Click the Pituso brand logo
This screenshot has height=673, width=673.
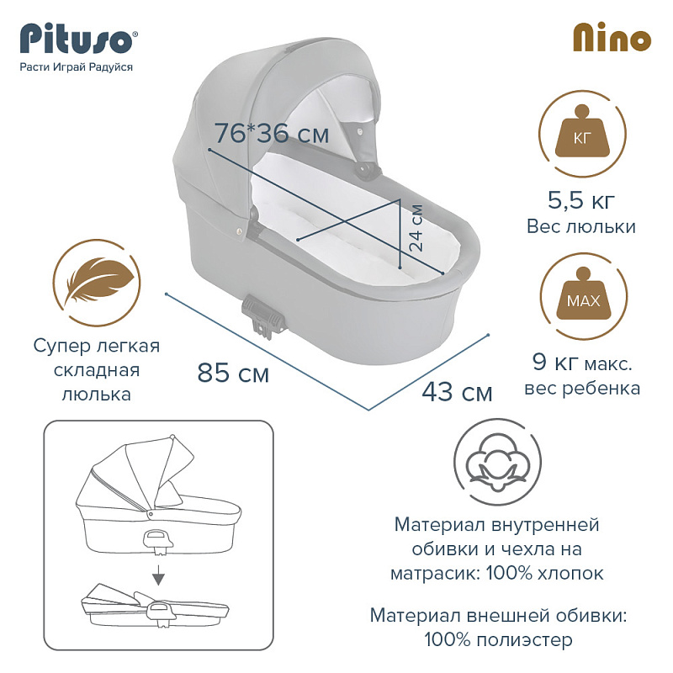coord(78,39)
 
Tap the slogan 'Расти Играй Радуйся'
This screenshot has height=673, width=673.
coord(77,67)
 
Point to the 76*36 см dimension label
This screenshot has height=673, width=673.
coord(272,133)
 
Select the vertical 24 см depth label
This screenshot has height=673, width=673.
coord(416,227)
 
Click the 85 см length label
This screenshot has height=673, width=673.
coord(233,373)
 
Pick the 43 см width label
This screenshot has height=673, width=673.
coord(457,392)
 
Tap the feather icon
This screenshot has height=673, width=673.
coord(97,283)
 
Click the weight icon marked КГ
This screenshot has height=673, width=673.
coord(582,134)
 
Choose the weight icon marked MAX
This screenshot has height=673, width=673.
coord(583,296)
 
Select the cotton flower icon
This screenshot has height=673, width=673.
coord(497,463)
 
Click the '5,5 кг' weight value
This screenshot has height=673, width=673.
coord(581,200)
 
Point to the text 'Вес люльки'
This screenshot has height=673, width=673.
coord(581,226)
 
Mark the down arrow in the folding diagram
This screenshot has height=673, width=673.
coord(159,575)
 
